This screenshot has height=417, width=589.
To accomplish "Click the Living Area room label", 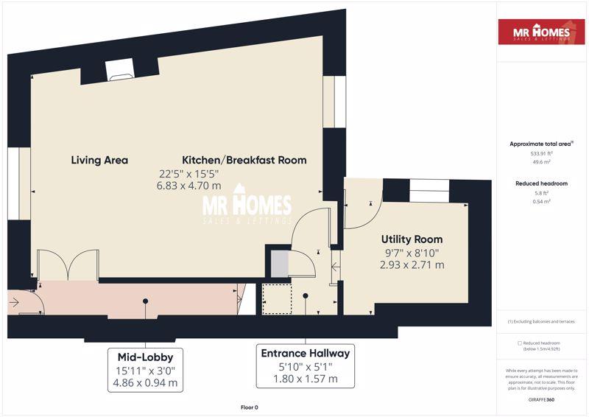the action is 99,160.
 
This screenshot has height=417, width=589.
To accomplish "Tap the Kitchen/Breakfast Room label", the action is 244,160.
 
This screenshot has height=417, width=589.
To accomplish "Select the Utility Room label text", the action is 412,239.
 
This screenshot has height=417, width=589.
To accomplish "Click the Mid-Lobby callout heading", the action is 145,357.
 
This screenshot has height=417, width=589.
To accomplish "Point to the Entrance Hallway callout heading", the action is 305,353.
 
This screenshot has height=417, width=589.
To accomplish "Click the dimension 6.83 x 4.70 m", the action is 189,186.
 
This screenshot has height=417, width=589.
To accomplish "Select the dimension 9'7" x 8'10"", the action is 412,253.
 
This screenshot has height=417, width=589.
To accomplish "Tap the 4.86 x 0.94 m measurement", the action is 145,383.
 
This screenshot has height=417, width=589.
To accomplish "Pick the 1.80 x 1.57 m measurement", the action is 305,379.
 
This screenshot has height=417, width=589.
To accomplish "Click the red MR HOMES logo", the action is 541,32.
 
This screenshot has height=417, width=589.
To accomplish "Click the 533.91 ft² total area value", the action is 541,153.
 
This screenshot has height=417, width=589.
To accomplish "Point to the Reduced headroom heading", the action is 541,183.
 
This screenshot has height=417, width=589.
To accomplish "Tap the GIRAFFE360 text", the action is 541,400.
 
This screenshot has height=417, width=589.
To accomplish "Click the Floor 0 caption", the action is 250,407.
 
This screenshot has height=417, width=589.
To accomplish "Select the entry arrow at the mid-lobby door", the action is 14,302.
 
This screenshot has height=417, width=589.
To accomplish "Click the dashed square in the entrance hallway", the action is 278,299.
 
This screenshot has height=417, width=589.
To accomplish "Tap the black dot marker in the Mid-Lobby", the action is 145,301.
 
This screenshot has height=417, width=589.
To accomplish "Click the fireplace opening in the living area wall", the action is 120,69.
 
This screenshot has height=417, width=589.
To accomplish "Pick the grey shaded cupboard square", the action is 280,264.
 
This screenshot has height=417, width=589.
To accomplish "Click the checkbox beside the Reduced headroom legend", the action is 520,343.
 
